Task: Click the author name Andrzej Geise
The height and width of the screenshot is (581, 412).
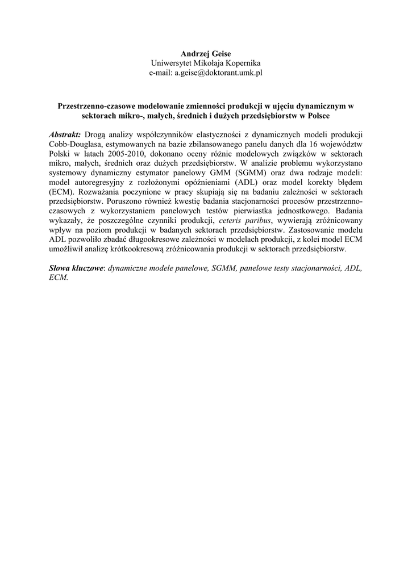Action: click(x=206, y=53)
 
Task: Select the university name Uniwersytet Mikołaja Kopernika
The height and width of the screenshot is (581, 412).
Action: click(x=206, y=63)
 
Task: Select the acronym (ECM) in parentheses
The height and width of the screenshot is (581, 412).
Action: click(x=62, y=192)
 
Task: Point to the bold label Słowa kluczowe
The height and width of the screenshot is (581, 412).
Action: click(x=76, y=269)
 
